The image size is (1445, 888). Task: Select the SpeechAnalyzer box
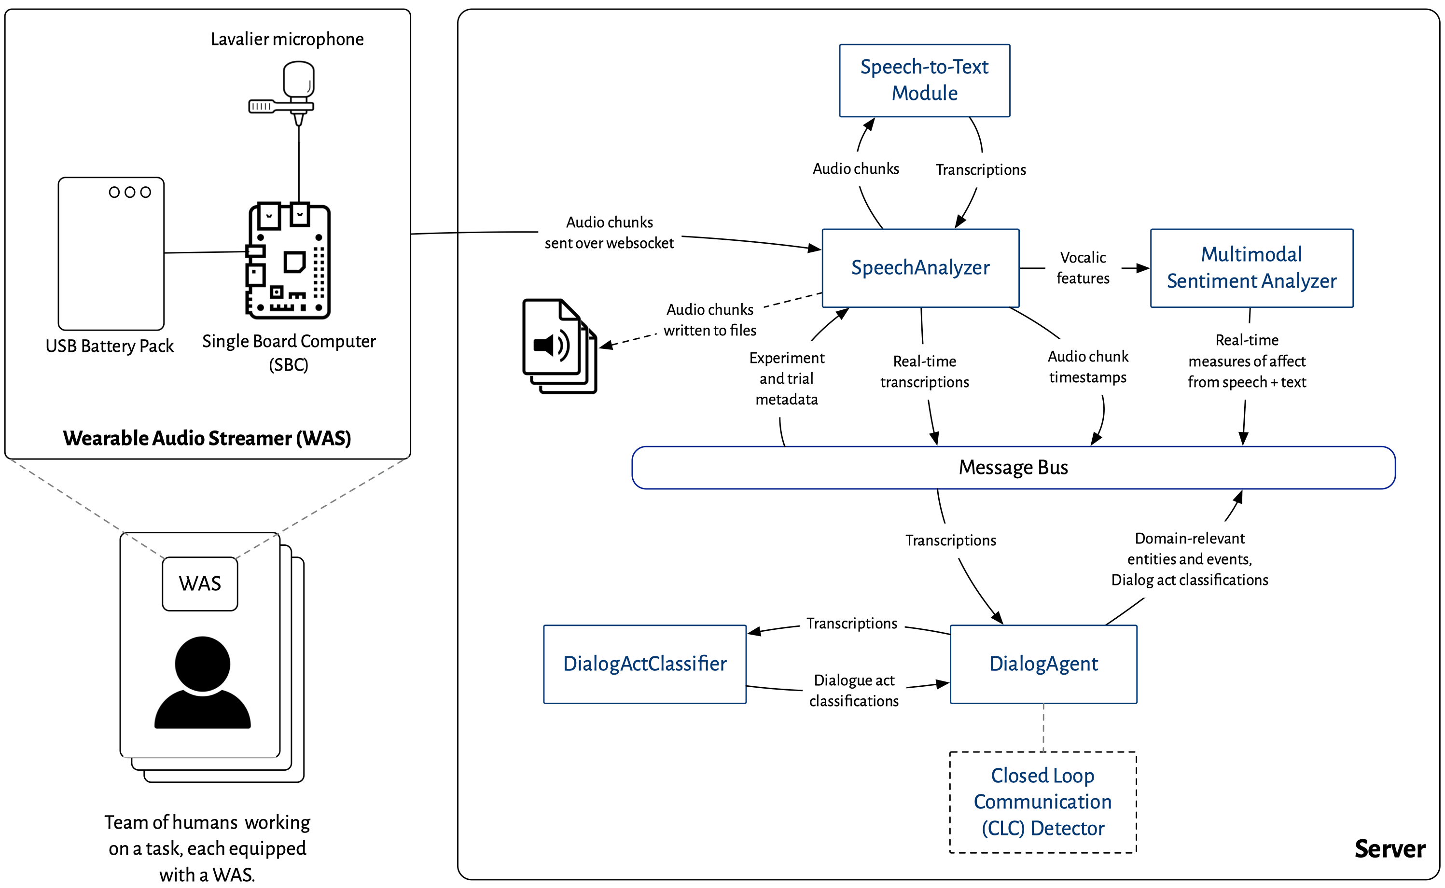[x=919, y=268]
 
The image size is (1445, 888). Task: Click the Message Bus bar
[x=1013, y=468]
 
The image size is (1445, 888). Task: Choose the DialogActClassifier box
[x=644, y=664]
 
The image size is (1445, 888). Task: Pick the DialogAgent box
[x=1043, y=664]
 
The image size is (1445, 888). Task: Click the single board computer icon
[x=288, y=262]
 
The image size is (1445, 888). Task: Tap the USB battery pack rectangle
[x=111, y=254]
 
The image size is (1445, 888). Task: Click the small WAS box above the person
[x=200, y=584]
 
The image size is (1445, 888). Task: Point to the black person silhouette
[x=202, y=684]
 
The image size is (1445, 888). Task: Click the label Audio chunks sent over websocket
[x=609, y=233]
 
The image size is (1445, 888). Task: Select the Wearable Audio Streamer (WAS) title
[x=207, y=438]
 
